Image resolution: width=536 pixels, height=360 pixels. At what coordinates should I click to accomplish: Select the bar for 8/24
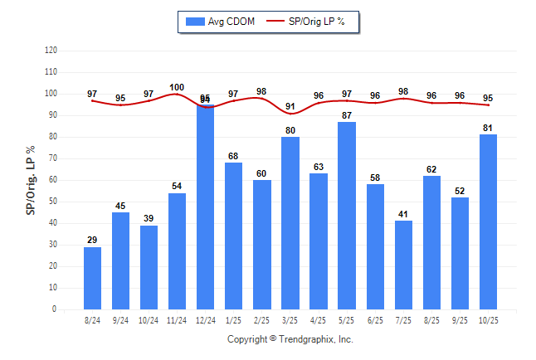93,278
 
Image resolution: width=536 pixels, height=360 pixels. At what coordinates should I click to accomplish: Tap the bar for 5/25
347,216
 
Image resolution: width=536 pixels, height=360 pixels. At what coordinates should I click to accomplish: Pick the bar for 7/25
403,265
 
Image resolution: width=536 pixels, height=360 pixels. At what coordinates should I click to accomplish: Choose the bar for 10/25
488,221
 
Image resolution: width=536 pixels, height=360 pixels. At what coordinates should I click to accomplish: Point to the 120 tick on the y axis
51,51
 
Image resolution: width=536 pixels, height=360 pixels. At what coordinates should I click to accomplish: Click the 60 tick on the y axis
53,180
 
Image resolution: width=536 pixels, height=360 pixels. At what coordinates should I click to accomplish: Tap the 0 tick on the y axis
55,309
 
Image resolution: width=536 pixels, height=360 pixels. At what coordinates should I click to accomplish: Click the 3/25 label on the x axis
290,320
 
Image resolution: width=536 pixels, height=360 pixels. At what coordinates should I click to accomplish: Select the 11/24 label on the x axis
178,320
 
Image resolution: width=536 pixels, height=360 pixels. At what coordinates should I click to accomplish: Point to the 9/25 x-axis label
460,320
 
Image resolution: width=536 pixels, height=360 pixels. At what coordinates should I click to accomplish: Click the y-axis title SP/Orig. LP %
31,178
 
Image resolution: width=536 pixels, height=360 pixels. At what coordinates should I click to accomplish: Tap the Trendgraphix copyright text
290,339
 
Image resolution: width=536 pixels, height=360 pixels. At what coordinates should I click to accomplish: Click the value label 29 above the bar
93,240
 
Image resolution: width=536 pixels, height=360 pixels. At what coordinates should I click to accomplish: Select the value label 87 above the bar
347,114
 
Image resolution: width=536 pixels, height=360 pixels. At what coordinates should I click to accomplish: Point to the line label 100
177,87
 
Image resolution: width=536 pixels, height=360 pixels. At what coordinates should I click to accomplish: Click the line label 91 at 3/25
290,106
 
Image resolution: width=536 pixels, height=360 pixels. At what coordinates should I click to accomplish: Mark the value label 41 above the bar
403,214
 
